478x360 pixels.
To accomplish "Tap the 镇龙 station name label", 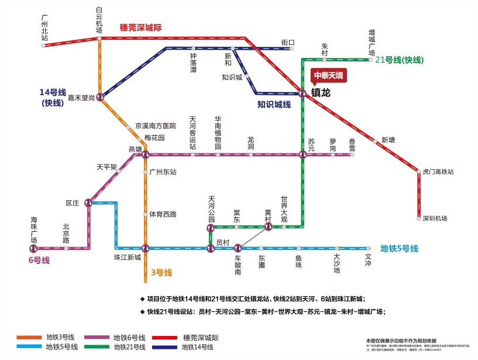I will click(x=321, y=93).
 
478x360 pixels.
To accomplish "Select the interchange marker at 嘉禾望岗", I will click(x=100, y=97).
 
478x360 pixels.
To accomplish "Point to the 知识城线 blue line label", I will click(x=274, y=105).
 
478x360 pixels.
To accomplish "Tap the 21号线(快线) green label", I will click(x=400, y=60).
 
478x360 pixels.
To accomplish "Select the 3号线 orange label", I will click(x=161, y=272).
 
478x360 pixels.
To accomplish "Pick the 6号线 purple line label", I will click(x=39, y=260).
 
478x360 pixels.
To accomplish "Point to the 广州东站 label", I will click(x=163, y=172).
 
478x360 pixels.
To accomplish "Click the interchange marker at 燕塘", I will click(x=146, y=155).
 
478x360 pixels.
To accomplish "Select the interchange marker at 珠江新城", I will click(x=146, y=248).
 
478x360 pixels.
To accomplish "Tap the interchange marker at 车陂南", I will click(x=238, y=248).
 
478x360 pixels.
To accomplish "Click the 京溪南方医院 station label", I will click(x=156, y=126).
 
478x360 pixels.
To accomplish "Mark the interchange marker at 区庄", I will click(x=89, y=203).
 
